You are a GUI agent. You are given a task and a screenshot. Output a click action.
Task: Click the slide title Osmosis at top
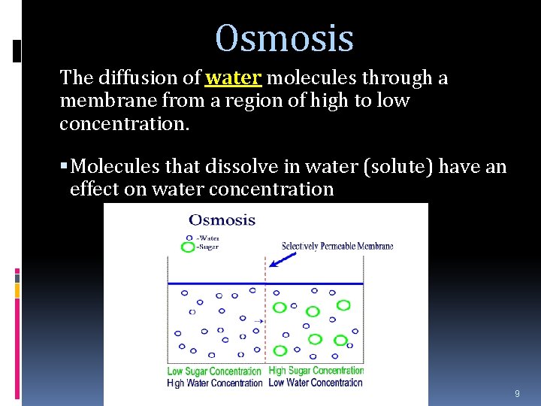click(x=284, y=38)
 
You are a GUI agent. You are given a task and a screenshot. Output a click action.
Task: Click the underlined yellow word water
click(x=233, y=78)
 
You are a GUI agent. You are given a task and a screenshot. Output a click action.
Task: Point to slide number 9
click(x=517, y=394)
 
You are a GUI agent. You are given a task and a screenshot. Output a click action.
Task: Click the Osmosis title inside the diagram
click(x=222, y=220)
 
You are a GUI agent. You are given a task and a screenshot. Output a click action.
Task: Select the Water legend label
click(x=207, y=238)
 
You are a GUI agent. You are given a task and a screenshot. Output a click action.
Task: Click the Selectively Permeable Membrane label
click(x=337, y=246)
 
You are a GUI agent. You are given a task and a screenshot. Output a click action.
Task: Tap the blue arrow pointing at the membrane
click(x=281, y=258)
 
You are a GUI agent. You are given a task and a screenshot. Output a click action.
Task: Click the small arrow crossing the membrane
click(x=258, y=321)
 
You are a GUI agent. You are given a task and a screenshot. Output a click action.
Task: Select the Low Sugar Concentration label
click(x=214, y=371)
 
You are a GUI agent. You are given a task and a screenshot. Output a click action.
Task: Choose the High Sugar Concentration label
click(x=316, y=370)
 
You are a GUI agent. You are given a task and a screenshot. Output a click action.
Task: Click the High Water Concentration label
click(x=214, y=383)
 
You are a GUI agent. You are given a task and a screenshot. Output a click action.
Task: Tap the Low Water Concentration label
click(x=316, y=382)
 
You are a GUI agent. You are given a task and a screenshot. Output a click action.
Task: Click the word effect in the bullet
click(x=95, y=189)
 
